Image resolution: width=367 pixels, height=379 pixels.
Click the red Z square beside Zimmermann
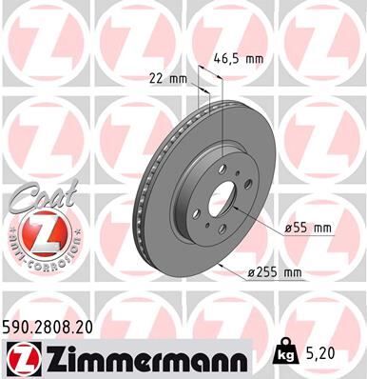pos(22,357)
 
